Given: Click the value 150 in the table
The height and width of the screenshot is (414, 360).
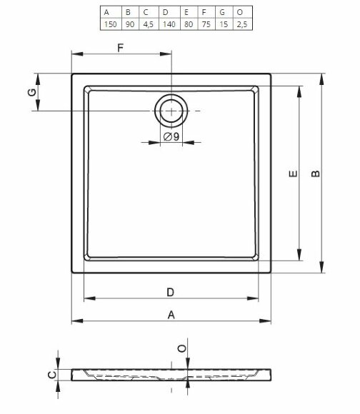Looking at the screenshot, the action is pos(111,24).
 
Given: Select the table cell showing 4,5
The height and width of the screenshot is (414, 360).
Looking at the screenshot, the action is pos(148,24).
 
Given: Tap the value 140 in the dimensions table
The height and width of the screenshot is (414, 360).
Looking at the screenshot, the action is pos(169,24).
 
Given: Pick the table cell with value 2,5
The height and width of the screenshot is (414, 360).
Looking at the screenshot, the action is pos(242,24).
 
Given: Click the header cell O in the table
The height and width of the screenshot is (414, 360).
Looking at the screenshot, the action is pos(239,12).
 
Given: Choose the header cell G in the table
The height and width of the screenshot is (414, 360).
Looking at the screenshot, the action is pos(222,12).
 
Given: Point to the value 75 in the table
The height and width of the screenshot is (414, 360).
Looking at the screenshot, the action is pos(206,24).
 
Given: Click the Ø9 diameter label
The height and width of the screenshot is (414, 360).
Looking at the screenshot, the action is pos(171,136).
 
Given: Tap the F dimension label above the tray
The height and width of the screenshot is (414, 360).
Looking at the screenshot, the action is pos(120,48).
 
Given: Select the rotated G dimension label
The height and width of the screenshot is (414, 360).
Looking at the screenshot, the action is pos(32,92).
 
